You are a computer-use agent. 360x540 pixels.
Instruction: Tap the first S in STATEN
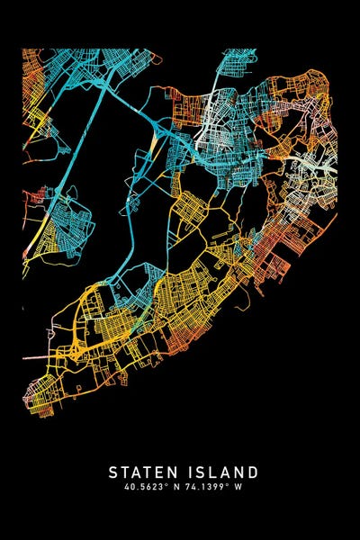pyautogui.click(x=113, y=472)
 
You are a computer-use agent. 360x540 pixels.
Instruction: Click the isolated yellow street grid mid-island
pyautogui.click(x=190, y=209)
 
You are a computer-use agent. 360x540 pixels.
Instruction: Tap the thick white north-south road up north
pyautogui.click(x=212, y=108)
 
